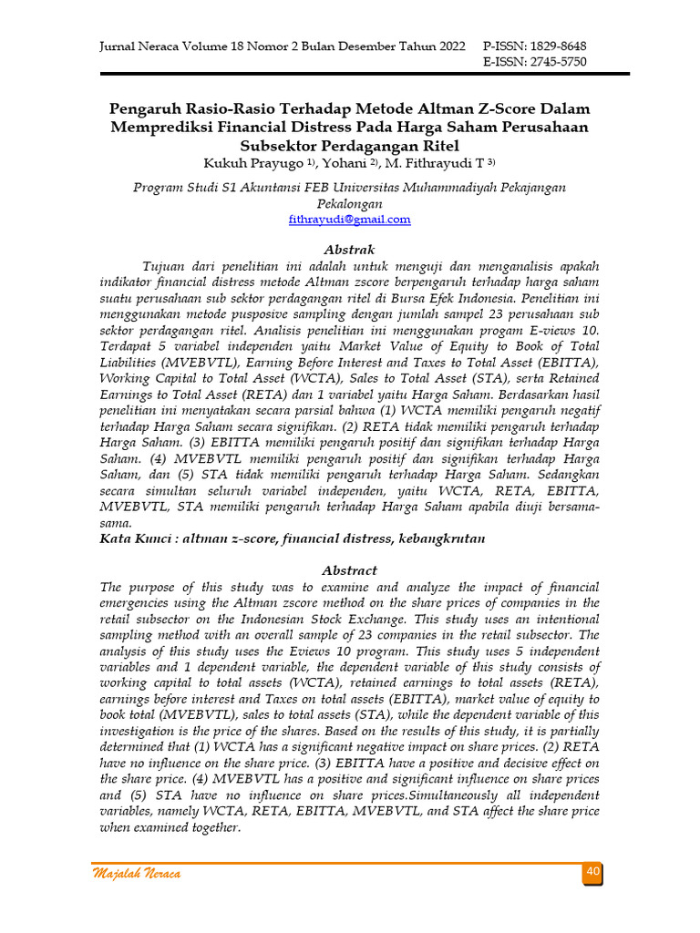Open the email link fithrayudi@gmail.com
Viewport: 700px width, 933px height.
tap(349, 220)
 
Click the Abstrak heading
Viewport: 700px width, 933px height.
tap(349, 249)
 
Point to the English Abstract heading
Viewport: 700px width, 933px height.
tap(349, 569)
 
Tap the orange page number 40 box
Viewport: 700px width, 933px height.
tap(592, 873)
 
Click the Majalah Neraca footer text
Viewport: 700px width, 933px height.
tap(137, 875)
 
